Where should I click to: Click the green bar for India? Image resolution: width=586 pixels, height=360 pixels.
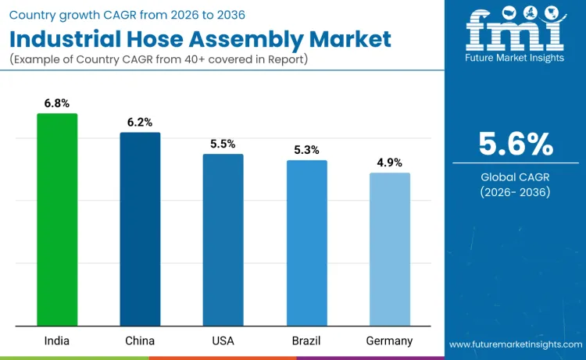point(57,219)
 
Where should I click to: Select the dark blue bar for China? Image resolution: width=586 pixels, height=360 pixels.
point(140,229)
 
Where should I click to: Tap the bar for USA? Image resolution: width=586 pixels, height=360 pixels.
point(223,240)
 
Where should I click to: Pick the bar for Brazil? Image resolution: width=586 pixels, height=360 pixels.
point(306,243)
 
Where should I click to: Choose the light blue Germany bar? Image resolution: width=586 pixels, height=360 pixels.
point(389,249)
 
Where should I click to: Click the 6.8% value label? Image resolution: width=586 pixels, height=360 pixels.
point(57,103)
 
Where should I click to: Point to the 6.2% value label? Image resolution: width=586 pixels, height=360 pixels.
point(140,122)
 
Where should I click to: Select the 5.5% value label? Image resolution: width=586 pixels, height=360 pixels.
point(223,144)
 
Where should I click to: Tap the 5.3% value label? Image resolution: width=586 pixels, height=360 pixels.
point(306,150)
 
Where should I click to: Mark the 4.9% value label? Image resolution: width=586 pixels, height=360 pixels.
point(389,162)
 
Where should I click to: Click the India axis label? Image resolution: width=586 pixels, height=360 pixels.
point(57,340)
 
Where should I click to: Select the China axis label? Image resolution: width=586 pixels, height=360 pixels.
point(140,340)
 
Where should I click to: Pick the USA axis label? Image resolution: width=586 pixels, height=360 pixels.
point(223,340)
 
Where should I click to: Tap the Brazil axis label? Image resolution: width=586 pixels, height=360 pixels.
point(306,340)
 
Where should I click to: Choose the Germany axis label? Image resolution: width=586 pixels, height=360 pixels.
point(389,340)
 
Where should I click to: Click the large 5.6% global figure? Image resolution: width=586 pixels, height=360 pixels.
point(515,144)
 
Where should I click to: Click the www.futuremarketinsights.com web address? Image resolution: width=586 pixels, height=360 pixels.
point(515,344)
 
